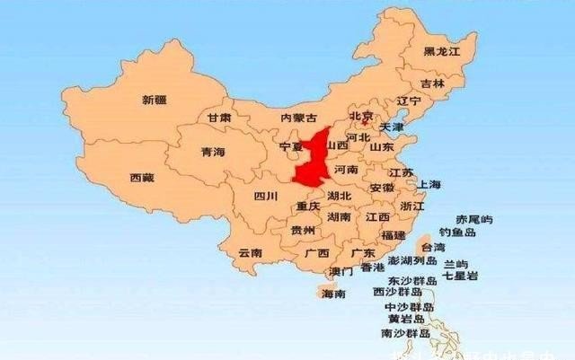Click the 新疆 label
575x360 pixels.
point(155,101)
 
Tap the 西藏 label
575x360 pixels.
point(142,178)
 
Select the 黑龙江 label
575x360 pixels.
point(442,52)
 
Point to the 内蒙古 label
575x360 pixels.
point(298,119)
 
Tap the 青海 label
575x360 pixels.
point(213,153)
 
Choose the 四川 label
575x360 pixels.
point(265,196)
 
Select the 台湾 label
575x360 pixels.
point(433,247)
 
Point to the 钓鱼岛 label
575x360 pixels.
point(471,232)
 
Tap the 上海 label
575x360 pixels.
point(429,185)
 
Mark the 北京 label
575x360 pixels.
point(360,116)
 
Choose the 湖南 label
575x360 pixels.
point(339,217)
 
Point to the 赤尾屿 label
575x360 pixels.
point(474,219)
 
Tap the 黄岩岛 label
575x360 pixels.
point(402,319)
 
